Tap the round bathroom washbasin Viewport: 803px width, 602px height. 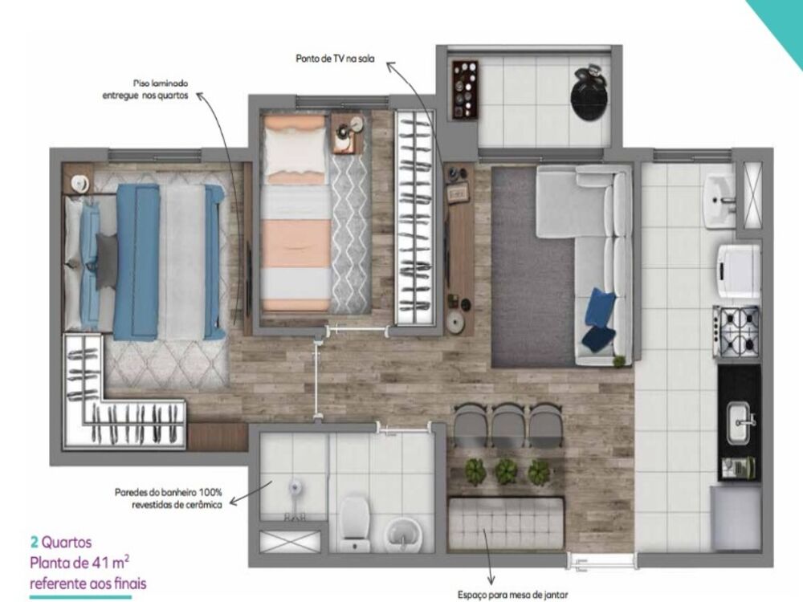tap(400, 531)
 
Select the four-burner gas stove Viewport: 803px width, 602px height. tap(736, 331)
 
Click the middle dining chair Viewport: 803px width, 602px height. tap(507, 424)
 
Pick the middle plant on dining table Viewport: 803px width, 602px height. tap(506, 471)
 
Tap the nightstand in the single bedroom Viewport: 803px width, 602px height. tap(347, 134)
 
